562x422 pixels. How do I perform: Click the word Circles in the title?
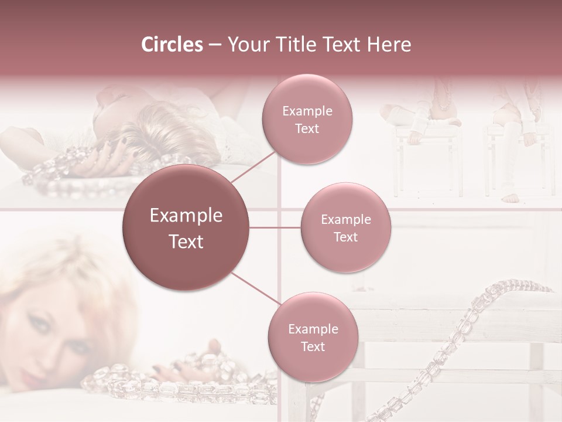(172, 45)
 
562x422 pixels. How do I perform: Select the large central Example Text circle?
(186, 228)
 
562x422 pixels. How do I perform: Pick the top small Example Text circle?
(307, 120)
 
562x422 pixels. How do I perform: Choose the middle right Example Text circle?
(345, 227)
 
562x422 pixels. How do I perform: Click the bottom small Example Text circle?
(313, 338)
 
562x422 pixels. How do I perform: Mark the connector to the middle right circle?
(275, 227)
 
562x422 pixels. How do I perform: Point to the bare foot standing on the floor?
(512, 198)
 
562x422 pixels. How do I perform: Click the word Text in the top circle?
(307, 129)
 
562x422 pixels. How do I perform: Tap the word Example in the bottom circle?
(313, 329)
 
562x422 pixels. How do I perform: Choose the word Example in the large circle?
(186, 216)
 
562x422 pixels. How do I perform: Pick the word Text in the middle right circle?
(345, 237)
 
